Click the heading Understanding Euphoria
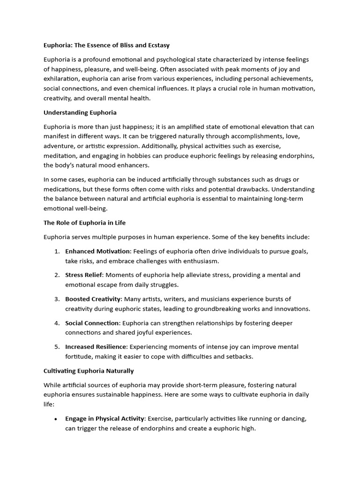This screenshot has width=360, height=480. (80, 112)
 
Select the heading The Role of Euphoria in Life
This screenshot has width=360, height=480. (84, 222)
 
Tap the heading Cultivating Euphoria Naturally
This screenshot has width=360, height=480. (89, 371)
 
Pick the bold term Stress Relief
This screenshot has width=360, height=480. (83, 275)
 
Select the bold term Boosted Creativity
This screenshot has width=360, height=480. (93, 299)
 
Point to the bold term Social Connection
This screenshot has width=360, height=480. (92, 323)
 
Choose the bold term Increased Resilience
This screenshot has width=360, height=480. (96, 347)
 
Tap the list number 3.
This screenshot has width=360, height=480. (57, 299)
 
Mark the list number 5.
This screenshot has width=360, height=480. (57, 347)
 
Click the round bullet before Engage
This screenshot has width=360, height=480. (56, 419)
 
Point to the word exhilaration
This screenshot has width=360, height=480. (61, 79)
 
